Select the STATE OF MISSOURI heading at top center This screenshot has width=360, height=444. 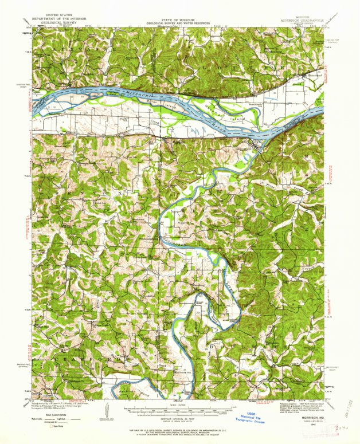179,18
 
